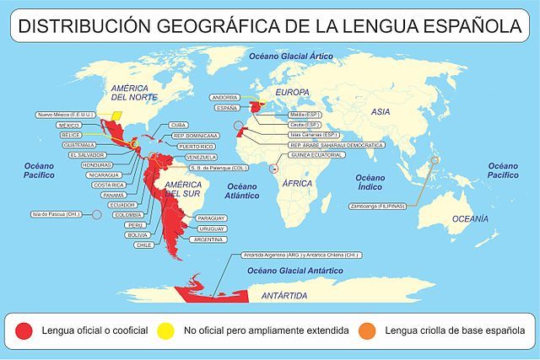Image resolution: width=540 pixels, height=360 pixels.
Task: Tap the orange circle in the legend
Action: point(367,330)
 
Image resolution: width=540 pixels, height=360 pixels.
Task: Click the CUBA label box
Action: point(178,125)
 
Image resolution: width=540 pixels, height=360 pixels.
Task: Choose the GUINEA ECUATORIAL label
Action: point(317,155)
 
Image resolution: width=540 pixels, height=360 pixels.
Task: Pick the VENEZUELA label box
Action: point(202,158)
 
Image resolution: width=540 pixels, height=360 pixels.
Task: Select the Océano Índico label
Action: point(370,183)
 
